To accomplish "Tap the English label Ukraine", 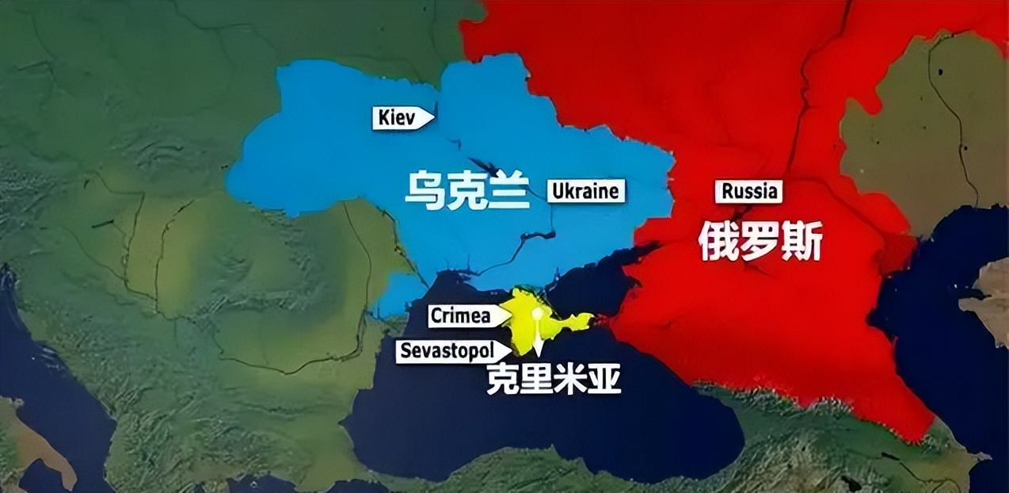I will [x=585, y=191].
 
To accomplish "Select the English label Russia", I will [x=748, y=191].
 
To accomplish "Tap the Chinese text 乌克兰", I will [x=466, y=192].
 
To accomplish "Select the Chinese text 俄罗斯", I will [x=760, y=242].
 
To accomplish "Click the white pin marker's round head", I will [x=538, y=312].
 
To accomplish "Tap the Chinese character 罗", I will [x=760, y=242].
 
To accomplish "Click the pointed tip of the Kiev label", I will [x=434, y=117].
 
